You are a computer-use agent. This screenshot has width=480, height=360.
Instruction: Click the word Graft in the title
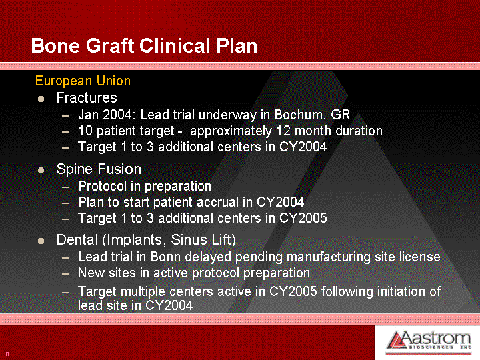[x=110, y=46]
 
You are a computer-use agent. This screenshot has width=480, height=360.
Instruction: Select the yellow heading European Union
[x=83, y=81]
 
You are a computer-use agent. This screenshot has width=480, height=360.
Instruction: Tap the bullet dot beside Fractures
[x=41, y=99]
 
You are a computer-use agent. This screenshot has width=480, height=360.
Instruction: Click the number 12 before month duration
[x=283, y=131]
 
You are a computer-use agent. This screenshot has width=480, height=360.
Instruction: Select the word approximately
[x=231, y=131]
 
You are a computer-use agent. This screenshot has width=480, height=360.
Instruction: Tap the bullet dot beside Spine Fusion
[x=41, y=170]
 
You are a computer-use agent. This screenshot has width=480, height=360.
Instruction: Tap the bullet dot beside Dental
[x=41, y=241]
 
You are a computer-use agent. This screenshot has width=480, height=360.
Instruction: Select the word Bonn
[x=165, y=257]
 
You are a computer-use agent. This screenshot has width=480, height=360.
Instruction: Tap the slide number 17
[x=7, y=354]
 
